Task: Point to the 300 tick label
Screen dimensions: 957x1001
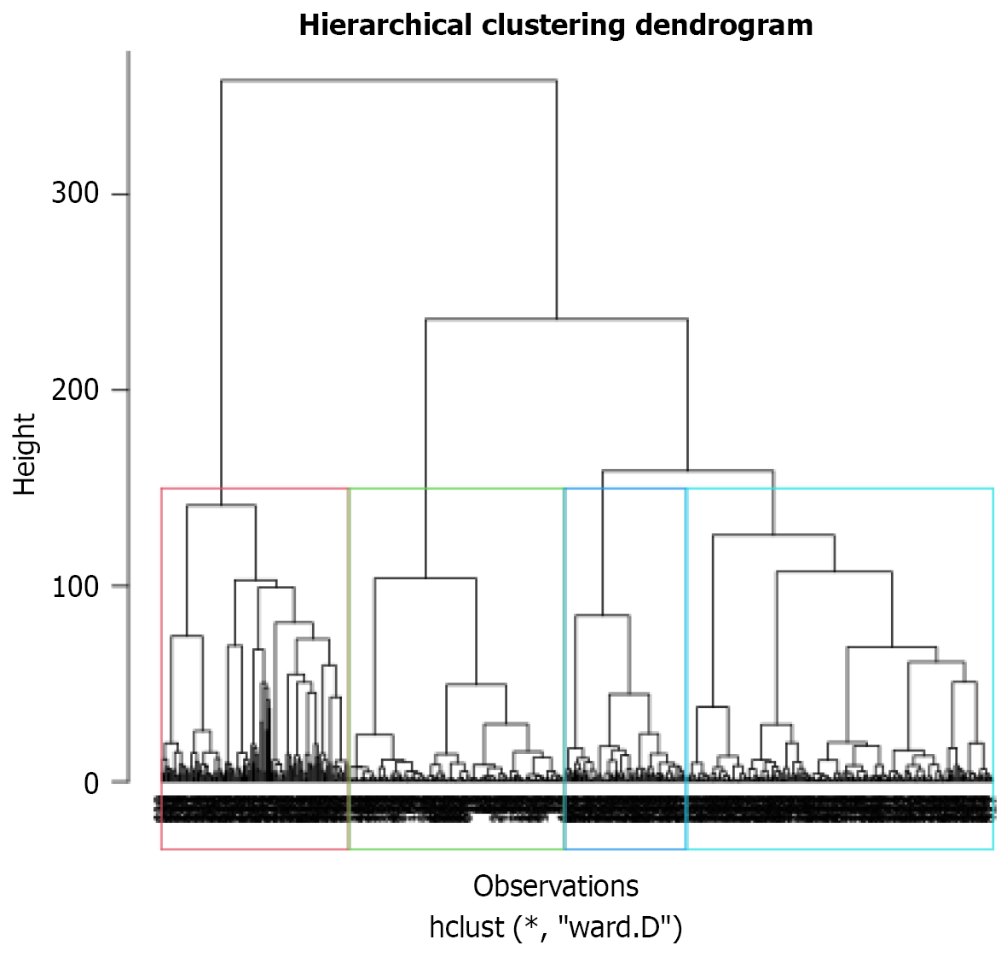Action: pos(75,194)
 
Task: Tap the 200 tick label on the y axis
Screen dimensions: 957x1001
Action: pos(75,390)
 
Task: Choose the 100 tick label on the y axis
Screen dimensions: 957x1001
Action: pos(75,587)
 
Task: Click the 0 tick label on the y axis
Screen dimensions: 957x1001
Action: pos(91,783)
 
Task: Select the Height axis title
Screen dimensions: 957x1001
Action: pos(26,454)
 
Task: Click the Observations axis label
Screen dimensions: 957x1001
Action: pos(556,886)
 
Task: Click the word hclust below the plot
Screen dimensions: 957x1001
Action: pos(466,927)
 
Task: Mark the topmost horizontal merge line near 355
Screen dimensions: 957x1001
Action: pos(389,80)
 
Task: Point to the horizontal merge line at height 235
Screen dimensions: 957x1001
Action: pos(556,319)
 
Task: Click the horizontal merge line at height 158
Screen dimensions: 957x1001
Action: pos(687,471)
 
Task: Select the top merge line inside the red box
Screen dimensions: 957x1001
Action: pos(221,506)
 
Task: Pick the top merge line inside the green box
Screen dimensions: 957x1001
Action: pos(425,578)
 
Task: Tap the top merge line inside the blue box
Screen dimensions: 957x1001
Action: pos(602,615)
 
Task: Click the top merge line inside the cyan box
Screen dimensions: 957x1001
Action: pos(772,535)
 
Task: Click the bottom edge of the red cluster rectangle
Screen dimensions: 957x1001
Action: pos(255,850)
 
